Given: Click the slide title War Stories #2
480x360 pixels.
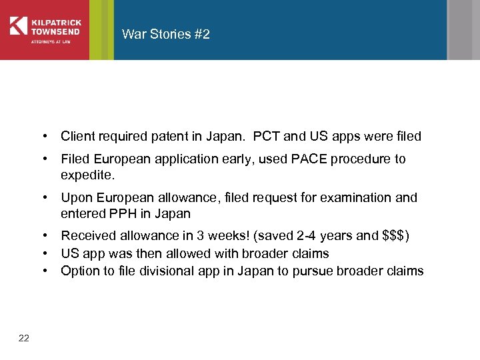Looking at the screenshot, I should point(166,34).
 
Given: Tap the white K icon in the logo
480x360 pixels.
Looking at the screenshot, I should point(18,25).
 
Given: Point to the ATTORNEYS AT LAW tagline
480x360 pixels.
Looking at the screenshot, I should point(51,41).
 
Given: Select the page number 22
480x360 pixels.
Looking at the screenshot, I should point(24,338).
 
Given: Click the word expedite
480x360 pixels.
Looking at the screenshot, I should point(87,175).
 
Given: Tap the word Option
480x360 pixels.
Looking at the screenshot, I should point(79,271).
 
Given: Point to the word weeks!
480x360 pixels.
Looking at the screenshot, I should point(241,235).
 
